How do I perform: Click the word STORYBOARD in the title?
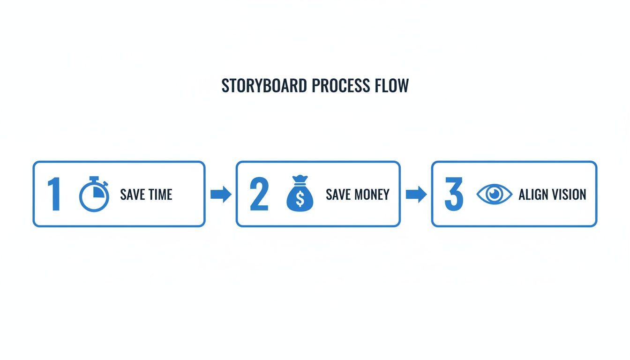[264, 85]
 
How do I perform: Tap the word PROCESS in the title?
[341, 85]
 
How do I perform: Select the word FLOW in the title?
[391, 85]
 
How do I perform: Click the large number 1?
[54, 194]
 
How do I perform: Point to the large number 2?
[259, 194]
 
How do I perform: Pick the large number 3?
[454, 194]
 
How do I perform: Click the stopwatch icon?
[94, 194]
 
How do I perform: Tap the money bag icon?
[300, 194]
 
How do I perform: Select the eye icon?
[494, 194]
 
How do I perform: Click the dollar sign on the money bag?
[300, 199]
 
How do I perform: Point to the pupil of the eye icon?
[494, 194]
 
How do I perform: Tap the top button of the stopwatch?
[94, 178]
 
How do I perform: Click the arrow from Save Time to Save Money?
[221, 194]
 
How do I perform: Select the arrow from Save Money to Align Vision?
[416, 194]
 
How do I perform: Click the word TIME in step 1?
[160, 195]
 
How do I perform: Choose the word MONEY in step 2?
[372, 195]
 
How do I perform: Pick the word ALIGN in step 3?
[532, 195]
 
